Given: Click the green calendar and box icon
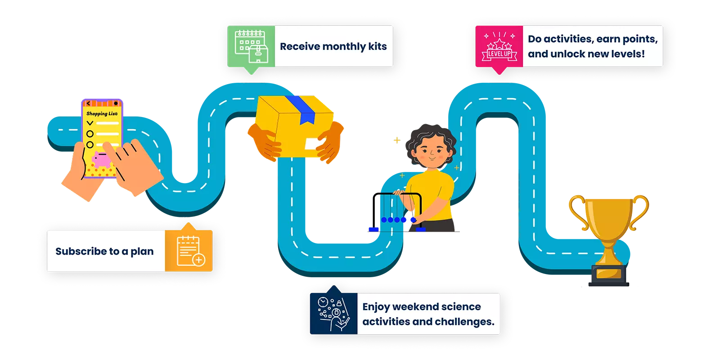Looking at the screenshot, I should pyautogui.click(x=251, y=46).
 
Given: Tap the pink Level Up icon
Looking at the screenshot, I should pyautogui.click(x=499, y=47).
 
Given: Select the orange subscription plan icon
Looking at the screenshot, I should pyautogui.click(x=189, y=251).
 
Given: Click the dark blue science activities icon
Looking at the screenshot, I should pyautogui.click(x=333, y=314).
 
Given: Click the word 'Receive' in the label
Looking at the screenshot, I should pyautogui.click(x=300, y=46).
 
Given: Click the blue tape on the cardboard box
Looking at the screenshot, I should pyautogui.click(x=301, y=109).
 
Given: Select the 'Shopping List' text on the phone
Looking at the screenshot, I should pyautogui.click(x=102, y=114).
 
